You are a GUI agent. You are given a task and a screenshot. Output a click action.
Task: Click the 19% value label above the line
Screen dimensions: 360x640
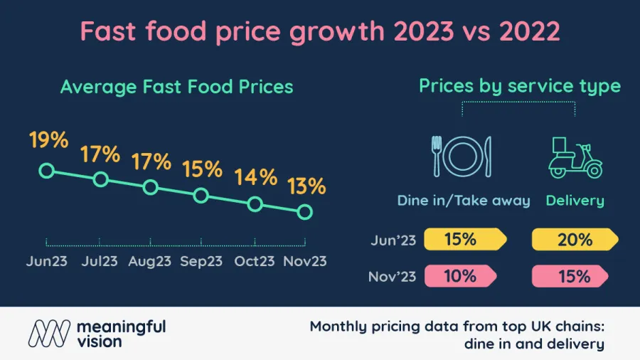(49, 140)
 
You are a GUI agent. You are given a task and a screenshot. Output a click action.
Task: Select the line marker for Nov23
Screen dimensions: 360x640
(305, 211)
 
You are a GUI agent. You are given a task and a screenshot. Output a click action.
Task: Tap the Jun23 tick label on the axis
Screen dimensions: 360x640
(47, 261)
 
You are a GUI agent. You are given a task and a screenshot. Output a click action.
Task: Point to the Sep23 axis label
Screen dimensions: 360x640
(201, 261)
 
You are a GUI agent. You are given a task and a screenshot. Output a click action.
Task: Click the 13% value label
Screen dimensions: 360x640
(306, 186)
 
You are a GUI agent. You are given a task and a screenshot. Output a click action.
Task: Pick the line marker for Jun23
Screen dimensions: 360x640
(47, 171)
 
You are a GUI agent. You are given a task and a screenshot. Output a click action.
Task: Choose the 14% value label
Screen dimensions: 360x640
(256, 176)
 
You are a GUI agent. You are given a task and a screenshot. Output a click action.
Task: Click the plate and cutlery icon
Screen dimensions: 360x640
(462, 156)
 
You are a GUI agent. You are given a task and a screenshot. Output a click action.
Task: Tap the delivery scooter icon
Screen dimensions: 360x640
(575, 157)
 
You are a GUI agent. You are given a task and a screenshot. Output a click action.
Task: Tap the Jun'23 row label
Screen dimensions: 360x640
(393, 240)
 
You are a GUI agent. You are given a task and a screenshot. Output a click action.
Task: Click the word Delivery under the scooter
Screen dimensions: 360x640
(575, 201)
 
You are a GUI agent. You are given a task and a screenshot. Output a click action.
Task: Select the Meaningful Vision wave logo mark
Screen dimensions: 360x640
(50, 333)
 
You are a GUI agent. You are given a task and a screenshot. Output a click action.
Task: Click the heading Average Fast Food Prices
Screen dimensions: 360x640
(176, 87)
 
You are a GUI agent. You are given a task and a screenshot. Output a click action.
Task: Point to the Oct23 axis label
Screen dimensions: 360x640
(255, 261)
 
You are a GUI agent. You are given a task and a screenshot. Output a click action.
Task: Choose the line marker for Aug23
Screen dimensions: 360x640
(150, 187)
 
